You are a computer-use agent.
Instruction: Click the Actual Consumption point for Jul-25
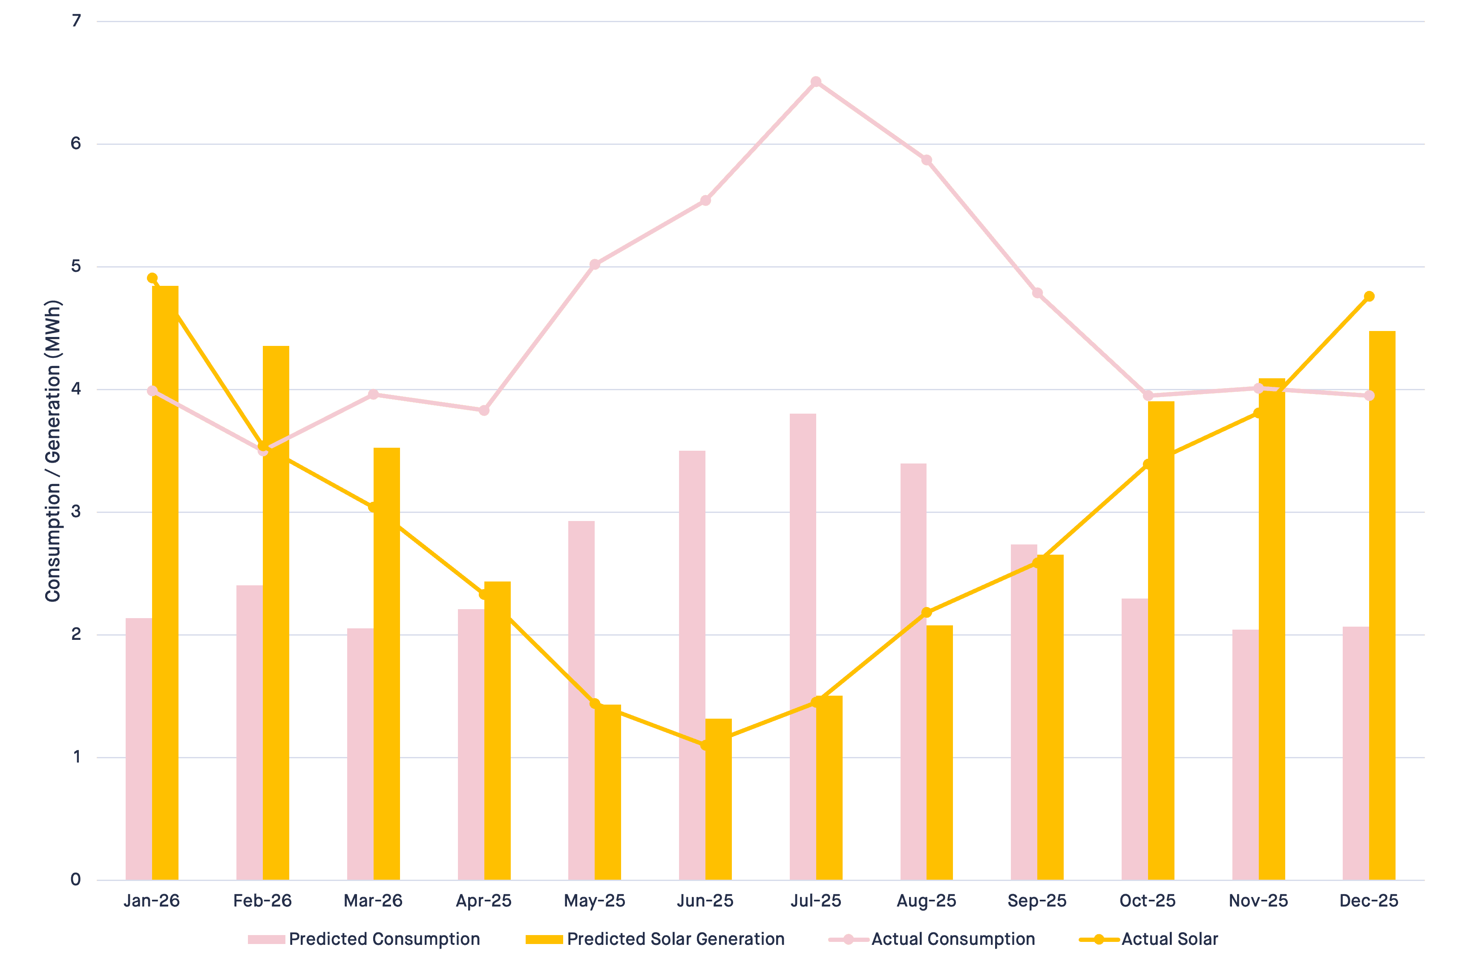coord(816,82)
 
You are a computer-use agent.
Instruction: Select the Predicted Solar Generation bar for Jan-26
coord(165,583)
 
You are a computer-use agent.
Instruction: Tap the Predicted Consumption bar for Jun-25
coord(692,665)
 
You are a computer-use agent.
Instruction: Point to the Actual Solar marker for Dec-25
coord(1369,296)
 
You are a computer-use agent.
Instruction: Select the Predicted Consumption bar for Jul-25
coord(803,647)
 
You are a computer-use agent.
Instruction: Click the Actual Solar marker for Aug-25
coord(927,613)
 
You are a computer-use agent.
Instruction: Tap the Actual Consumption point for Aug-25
coord(927,160)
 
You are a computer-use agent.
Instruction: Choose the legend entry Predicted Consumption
coord(364,939)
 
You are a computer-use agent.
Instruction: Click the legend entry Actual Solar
coord(1148,939)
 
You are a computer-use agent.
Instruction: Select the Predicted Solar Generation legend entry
coord(655,939)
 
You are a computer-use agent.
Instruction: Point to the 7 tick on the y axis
coord(76,21)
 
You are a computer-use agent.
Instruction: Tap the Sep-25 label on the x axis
coord(1037,901)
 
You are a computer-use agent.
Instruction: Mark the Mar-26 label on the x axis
coord(373,901)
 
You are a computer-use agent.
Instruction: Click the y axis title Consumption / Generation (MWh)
coord(53,451)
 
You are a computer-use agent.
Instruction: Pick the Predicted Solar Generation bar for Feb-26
coord(276,613)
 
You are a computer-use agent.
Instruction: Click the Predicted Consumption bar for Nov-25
coord(1246,755)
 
